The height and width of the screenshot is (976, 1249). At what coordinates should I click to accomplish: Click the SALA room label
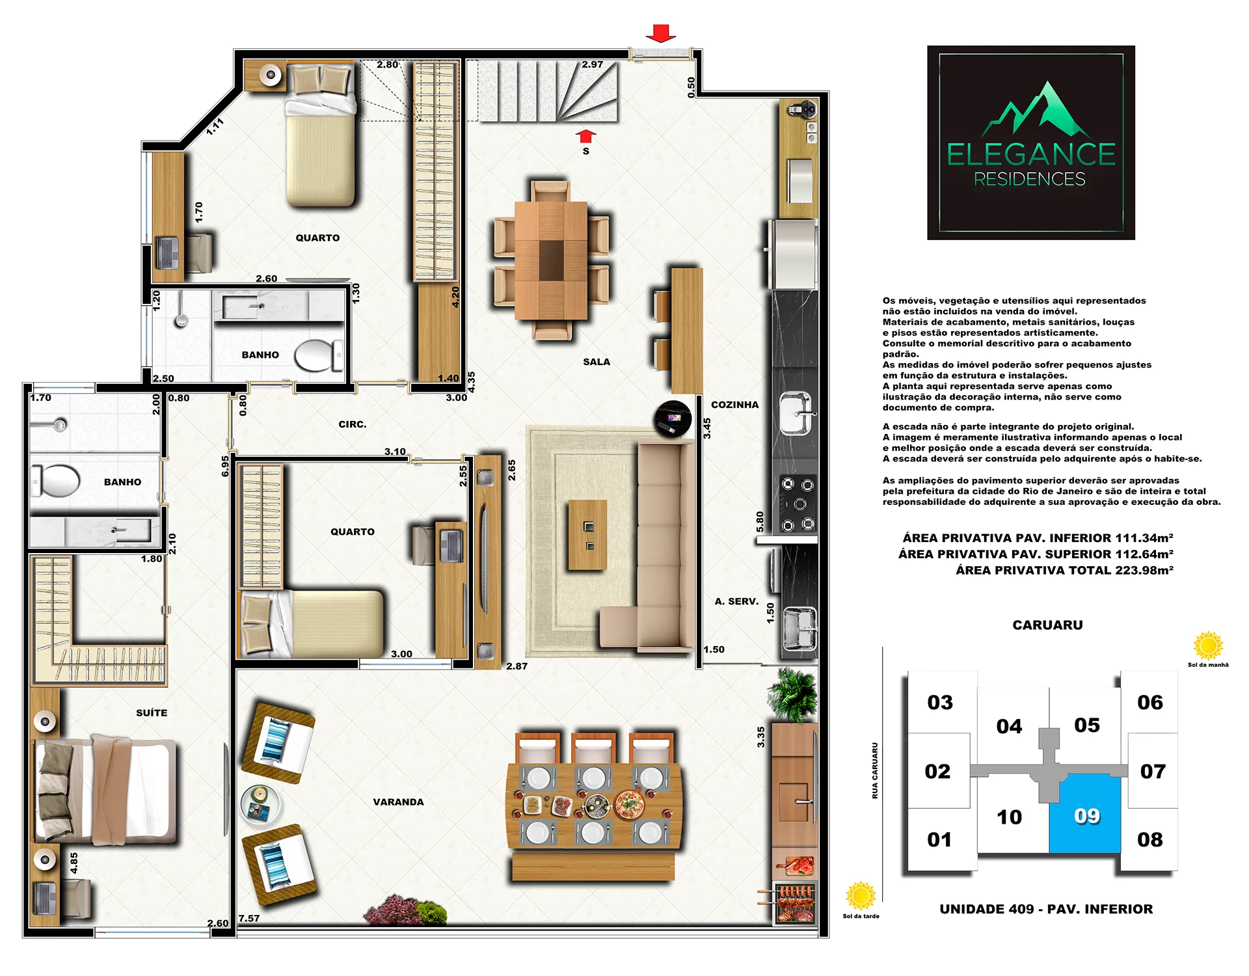point(596,362)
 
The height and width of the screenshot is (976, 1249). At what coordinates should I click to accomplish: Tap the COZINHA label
point(734,405)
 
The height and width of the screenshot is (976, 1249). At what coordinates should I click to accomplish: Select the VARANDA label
point(398,802)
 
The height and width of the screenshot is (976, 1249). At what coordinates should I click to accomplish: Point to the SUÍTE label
point(152,713)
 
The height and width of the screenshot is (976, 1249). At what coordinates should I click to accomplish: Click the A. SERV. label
point(736,601)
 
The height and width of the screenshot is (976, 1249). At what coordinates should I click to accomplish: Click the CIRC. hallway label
point(353,424)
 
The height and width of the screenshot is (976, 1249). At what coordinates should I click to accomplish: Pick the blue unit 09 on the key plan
point(1084,813)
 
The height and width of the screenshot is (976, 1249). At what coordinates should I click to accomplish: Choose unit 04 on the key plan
point(1009,726)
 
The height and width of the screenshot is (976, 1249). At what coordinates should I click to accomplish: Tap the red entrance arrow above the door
point(661,33)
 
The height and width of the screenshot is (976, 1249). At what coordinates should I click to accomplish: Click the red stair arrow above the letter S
point(585,135)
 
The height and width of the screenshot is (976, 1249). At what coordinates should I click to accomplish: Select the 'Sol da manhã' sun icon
point(1208,645)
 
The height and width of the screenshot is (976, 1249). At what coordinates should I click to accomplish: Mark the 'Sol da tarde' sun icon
point(861,896)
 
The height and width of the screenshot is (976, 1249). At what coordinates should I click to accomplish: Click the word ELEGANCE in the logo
point(1031,155)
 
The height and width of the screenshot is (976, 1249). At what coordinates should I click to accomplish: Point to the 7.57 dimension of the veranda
point(249,919)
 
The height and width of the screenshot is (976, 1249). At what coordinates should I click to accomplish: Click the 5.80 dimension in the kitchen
point(760,521)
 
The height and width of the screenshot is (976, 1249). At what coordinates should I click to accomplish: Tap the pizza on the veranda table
point(630,804)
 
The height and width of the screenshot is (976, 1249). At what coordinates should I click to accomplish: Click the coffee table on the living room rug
point(587,535)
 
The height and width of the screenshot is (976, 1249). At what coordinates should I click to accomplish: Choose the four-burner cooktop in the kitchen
point(798,504)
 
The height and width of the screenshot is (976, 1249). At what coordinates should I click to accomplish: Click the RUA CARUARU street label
point(875,770)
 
